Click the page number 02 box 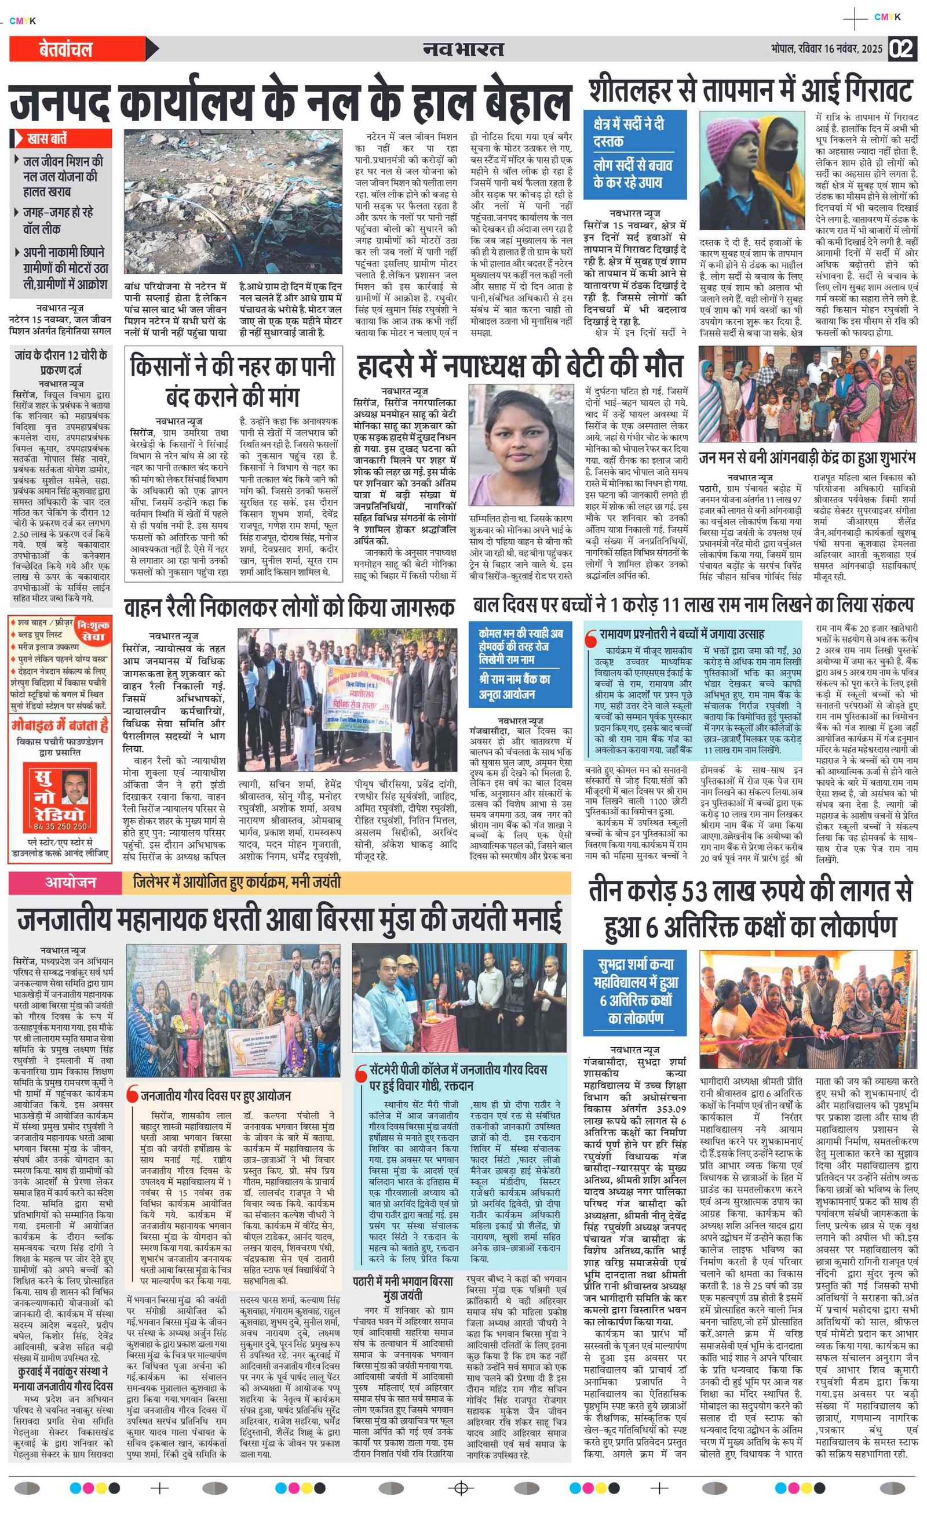(x=902, y=49)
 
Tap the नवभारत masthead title (x=463, y=49)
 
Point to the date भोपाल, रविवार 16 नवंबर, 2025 (x=826, y=49)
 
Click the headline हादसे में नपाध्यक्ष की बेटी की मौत (x=520, y=367)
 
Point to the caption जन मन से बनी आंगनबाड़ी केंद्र (x=807, y=458)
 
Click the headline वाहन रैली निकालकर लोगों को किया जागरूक (x=289, y=607)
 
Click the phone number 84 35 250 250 (x=60, y=826)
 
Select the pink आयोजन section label (x=70, y=882)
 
